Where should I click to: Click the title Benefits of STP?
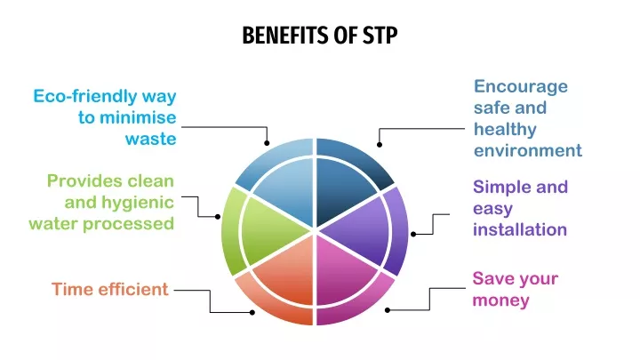pos(320,35)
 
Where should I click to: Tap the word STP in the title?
pos(380,35)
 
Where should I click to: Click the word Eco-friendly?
pos(85,96)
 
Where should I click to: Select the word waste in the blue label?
pos(150,140)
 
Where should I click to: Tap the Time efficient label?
pos(110,290)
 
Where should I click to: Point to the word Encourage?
pos(521,87)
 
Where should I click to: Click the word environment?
pos(528,150)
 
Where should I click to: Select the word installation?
pos(520,229)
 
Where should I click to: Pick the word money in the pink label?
pos(500,300)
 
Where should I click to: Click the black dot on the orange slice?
pos(252,313)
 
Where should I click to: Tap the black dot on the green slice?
pos(218,217)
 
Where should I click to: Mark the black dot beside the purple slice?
pos(413,235)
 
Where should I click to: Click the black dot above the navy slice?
pos(380,145)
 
